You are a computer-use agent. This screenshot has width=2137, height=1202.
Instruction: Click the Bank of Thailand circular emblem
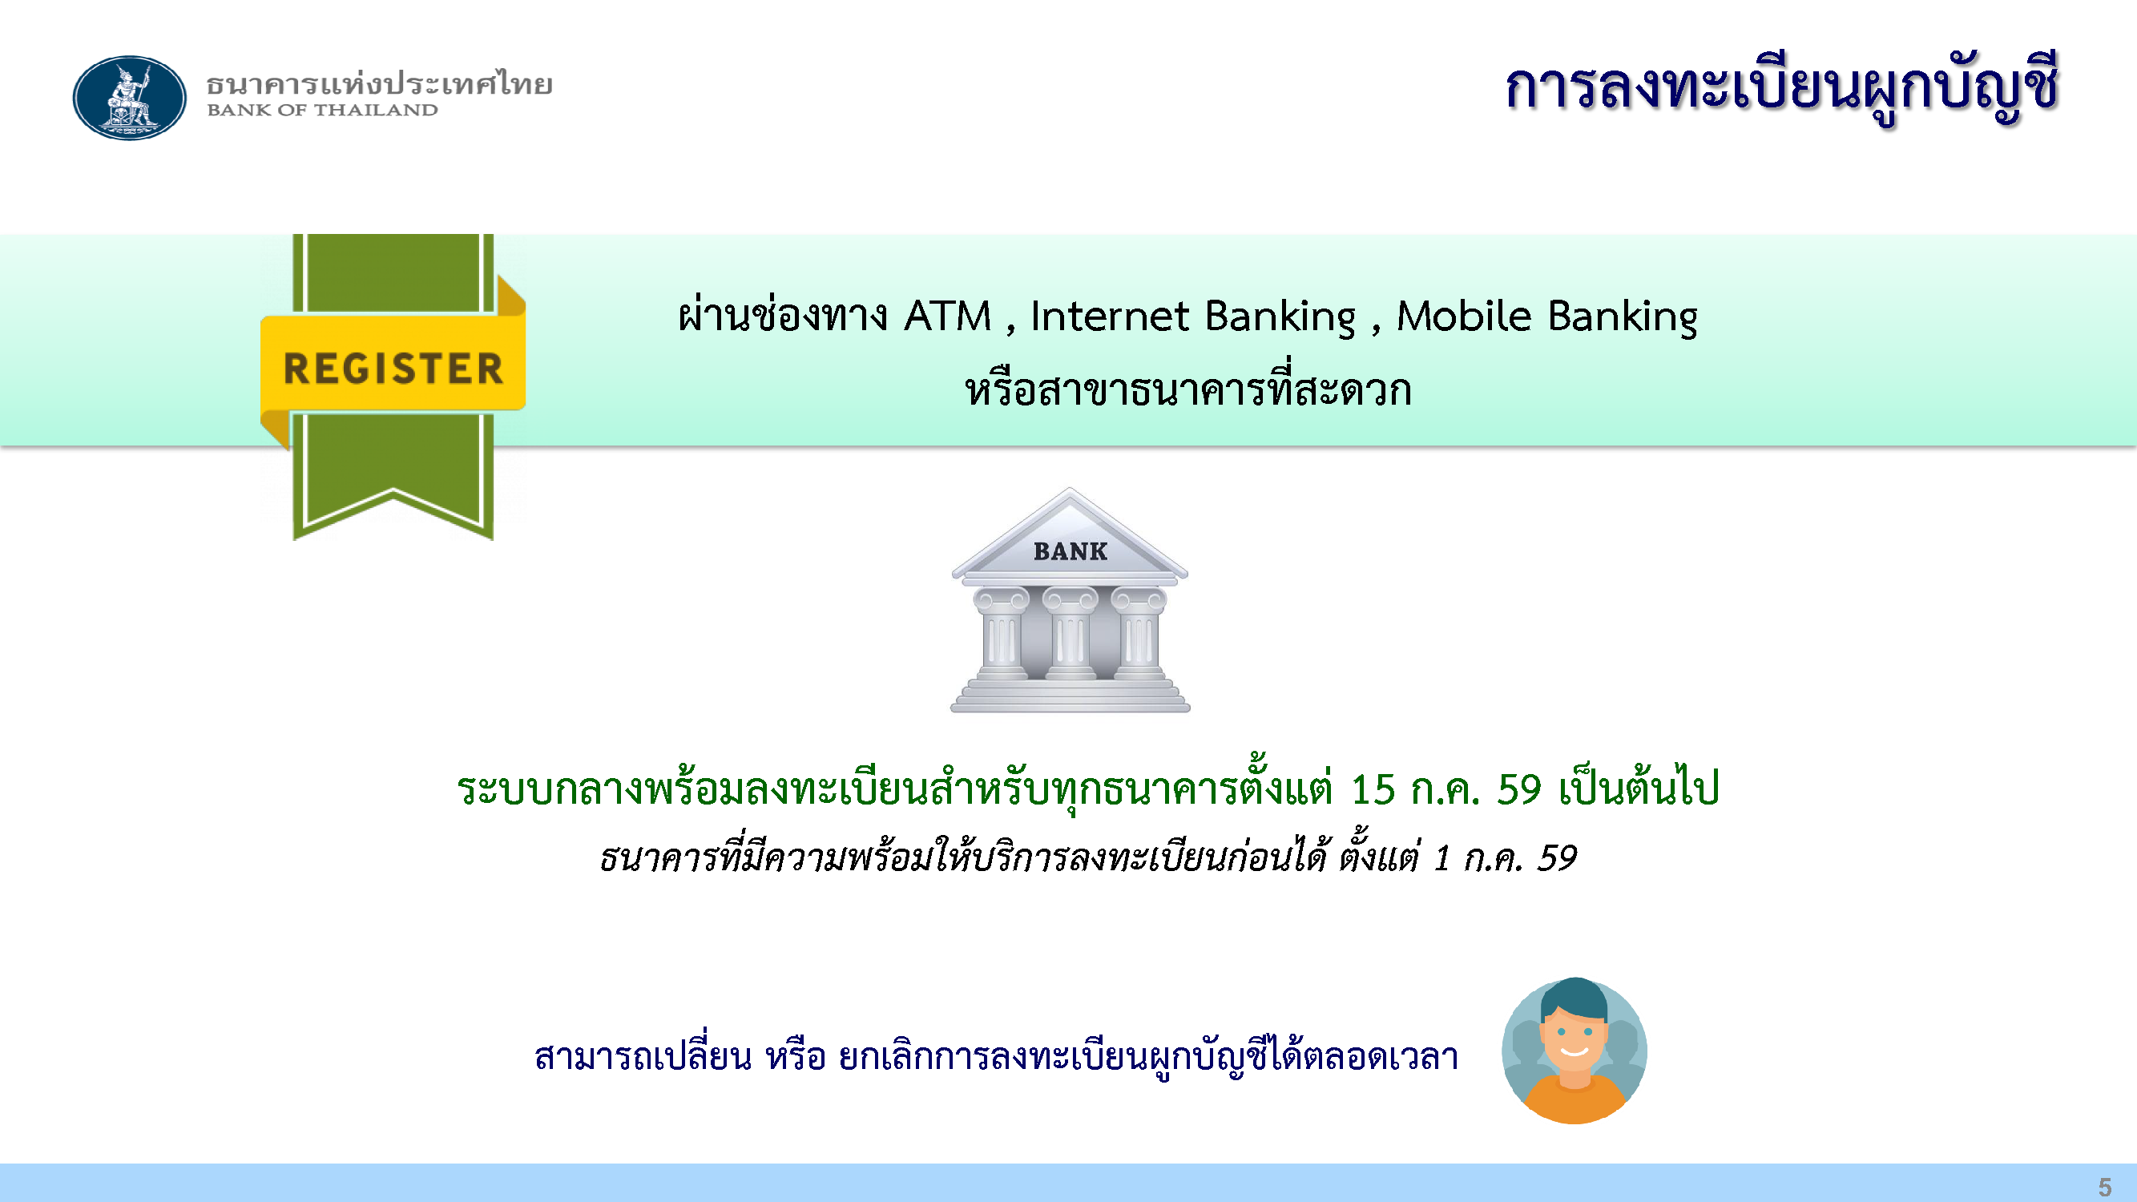(130, 98)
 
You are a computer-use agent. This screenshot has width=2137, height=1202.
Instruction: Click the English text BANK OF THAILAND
(322, 111)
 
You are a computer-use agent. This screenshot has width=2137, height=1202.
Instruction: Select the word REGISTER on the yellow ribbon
(393, 369)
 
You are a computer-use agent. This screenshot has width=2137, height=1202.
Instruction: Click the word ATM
(947, 316)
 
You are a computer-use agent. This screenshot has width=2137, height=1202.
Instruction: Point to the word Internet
(1110, 316)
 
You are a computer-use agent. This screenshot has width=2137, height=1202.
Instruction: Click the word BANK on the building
(1071, 551)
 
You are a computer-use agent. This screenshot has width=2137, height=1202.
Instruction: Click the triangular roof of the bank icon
(1071, 535)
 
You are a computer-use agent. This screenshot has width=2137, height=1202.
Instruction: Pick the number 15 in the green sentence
(1373, 790)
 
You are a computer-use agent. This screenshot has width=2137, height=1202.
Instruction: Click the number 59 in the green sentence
(1519, 790)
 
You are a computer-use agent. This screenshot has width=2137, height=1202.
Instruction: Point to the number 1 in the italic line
(1441, 858)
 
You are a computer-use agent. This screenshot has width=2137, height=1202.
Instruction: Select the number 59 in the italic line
(1556, 858)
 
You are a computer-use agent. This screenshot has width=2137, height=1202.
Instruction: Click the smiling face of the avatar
(1574, 1037)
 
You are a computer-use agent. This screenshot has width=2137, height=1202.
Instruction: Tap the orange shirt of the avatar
(1574, 1100)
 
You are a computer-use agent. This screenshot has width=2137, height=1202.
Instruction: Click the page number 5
(2105, 1187)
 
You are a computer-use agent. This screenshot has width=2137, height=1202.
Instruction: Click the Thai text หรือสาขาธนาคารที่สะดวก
(1188, 389)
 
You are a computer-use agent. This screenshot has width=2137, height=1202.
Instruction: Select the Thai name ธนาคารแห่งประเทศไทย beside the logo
(379, 84)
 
